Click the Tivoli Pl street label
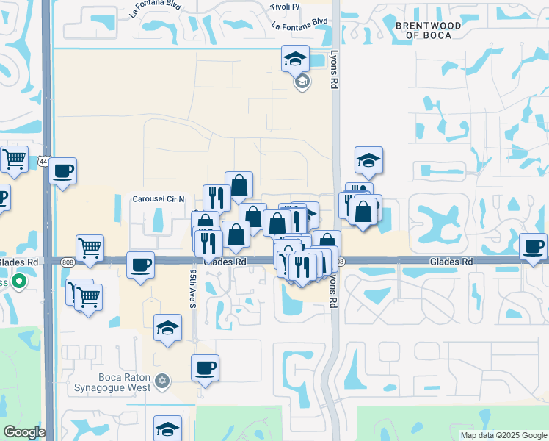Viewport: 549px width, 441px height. (286, 7)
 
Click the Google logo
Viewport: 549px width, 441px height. (24, 432)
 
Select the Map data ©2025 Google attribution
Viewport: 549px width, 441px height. (503, 435)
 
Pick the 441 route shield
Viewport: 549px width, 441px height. (44, 162)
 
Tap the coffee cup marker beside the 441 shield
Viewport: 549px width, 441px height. (63, 171)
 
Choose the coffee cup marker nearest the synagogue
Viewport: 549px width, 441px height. (206, 367)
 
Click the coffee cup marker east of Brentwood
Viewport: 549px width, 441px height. (534, 245)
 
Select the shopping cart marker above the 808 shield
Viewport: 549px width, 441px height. (90, 248)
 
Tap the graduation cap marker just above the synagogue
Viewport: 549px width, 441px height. (167, 327)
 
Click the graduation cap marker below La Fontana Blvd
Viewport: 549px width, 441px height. (296, 57)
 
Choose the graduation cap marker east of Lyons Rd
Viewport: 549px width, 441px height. (369, 159)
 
